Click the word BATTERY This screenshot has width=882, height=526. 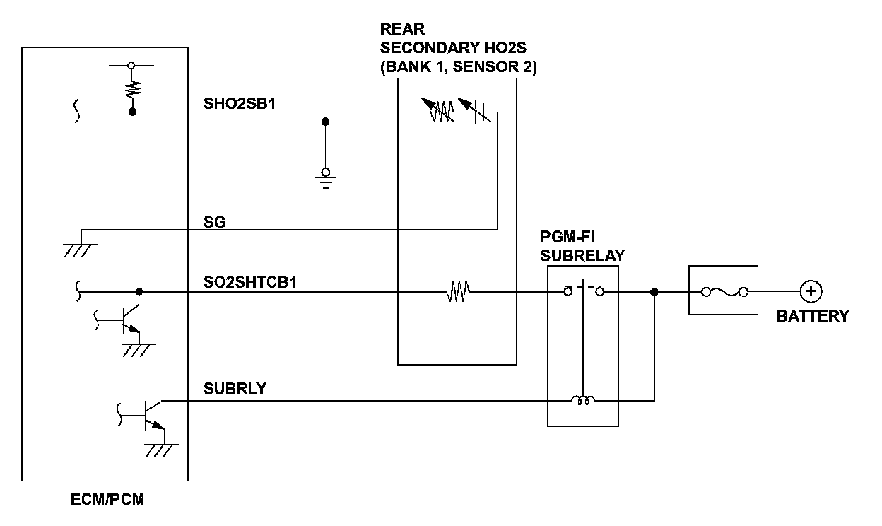pos(813,316)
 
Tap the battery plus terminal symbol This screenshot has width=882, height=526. pos(811,291)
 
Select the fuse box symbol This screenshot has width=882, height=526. pos(722,291)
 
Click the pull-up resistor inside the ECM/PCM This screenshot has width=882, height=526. pos(132,88)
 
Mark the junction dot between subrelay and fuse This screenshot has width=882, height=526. pos(654,291)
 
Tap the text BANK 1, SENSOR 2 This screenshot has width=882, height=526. pos(458,69)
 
